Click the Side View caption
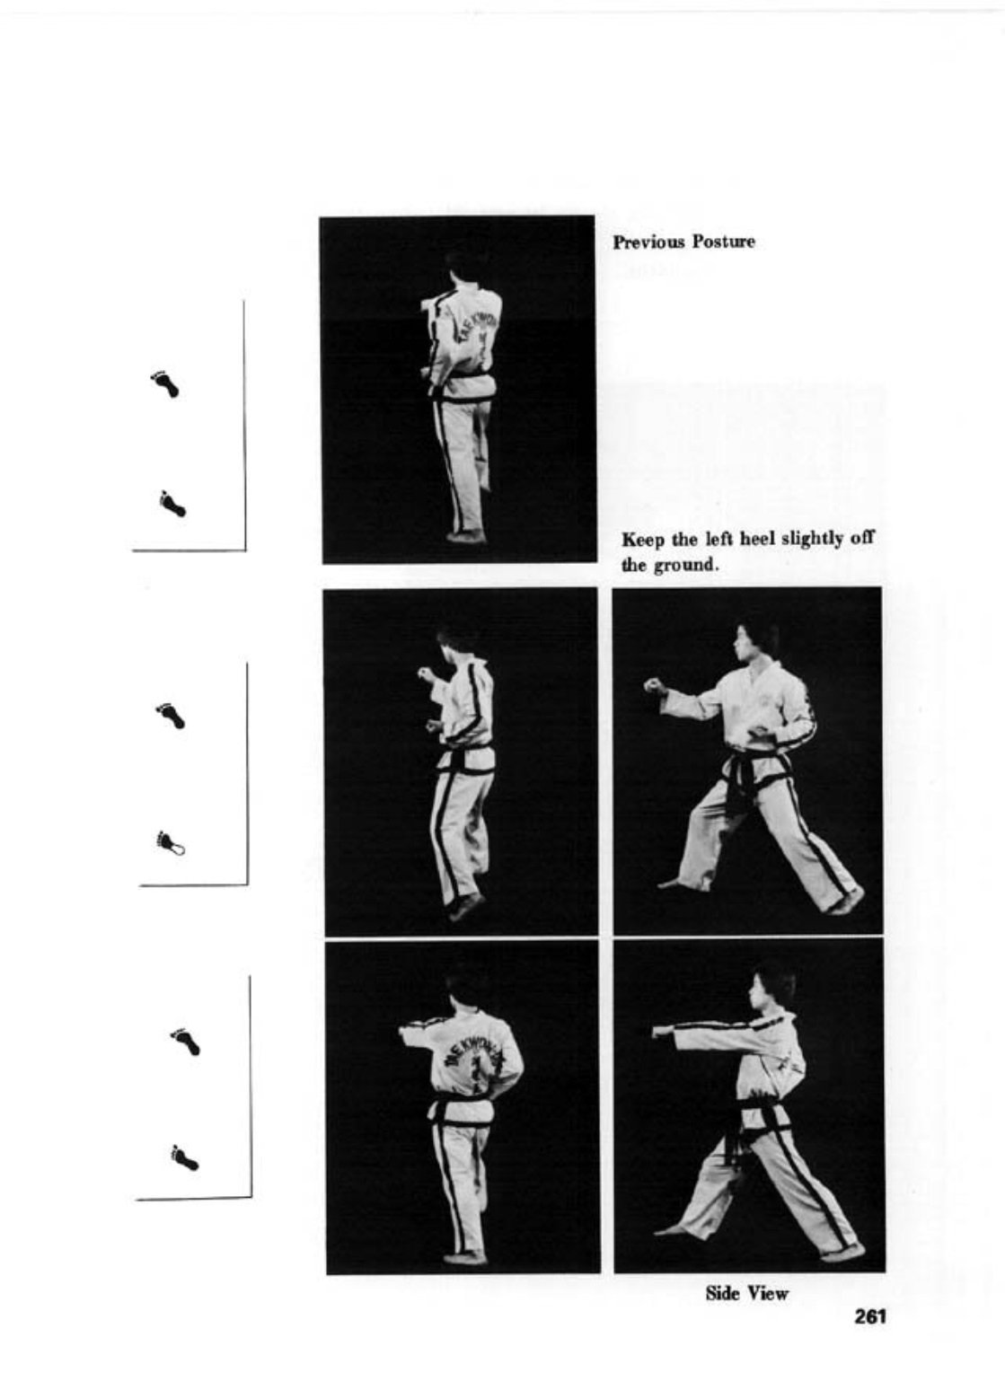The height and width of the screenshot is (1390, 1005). pos(747,1289)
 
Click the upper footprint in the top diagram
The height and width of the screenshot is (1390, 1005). pos(166,383)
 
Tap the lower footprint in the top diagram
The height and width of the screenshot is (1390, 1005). pos(172,503)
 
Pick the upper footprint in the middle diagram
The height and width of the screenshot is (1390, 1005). pos(170,716)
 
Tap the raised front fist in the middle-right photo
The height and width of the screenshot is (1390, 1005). pos(652,686)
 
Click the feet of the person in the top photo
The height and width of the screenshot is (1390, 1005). pos(467,535)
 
